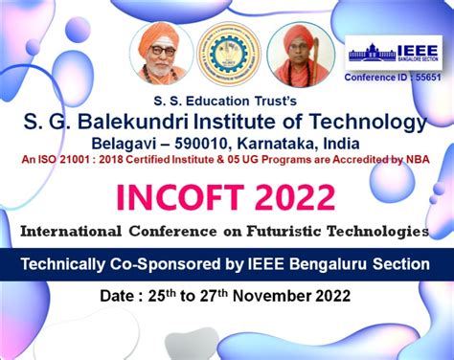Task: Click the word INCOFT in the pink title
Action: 181,197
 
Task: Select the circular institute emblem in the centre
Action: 230,55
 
